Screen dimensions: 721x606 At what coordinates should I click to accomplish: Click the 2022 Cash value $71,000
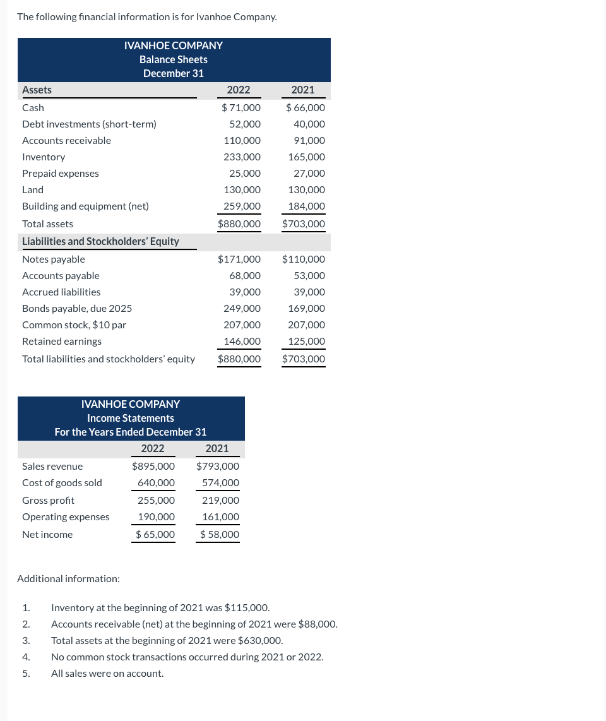pyautogui.click(x=241, y=108)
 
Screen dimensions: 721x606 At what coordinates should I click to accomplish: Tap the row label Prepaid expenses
pyautogui.click(x=61, y=174)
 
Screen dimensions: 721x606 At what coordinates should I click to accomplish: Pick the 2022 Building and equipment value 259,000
pyautogui.click(x=242, y=206)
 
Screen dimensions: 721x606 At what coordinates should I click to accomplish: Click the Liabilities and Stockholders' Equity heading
pyautogui.click(x=100, y=242)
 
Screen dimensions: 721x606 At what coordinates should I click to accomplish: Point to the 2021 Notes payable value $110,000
pyautogui.click(x=304, y=259)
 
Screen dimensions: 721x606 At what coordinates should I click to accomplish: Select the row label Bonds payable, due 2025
pyautogui.click(x=77, y=309)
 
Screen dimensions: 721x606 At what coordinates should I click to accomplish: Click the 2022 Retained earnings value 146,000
pyautogui.click(x=242, y=342)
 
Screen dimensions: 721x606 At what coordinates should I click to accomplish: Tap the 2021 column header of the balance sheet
pyautogui.click(x=303, y=90)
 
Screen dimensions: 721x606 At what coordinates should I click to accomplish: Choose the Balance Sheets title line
pyautogui.click(x=174, y=59)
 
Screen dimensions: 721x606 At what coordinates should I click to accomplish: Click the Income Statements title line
pyautogui.click(x=131, y=418)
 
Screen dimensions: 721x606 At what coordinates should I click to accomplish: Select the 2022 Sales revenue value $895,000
pyautogui.click(x=153, y=467)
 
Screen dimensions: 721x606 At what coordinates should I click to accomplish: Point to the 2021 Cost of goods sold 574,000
pyautogui.click(x=220, y=483)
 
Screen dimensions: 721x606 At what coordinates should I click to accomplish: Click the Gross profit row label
pyautogui.click(x=48, y=501)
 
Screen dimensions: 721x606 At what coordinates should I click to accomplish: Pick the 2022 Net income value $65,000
pyautogui.click(x=155, y=535)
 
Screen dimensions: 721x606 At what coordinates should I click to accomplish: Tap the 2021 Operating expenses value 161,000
pyautogui.click(x=220, y=517)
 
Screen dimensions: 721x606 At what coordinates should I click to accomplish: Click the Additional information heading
pyautogui.click(x=68, y=579)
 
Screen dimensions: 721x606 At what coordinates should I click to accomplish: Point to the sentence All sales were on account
pyautogui.click(x=107, y=674)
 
